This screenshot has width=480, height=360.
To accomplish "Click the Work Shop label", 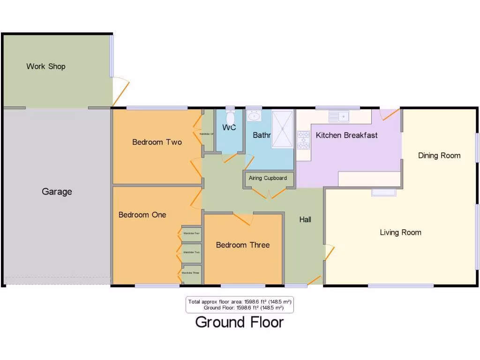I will tap(45, 67).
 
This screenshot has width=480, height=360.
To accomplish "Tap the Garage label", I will tap(57, 192).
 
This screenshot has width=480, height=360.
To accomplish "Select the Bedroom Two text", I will tap(157, 142).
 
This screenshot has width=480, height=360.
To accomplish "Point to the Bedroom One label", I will tap(142, 215).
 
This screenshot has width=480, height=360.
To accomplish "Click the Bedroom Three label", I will tap(242, 245).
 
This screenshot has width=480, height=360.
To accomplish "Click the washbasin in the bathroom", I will tap(254, 116).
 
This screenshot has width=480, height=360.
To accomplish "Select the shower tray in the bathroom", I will tap(283, 129).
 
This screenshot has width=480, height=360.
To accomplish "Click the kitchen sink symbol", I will tap(338, 116).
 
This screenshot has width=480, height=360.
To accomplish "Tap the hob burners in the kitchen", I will tap(303, 140).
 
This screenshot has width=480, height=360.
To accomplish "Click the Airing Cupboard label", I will tap(268, 178).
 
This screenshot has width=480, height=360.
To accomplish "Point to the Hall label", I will tap(305, 219).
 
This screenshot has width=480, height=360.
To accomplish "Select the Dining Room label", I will tap(439, 156).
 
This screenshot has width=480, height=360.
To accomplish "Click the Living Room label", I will tap(400, 232).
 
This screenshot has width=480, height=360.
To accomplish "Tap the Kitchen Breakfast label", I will tap(346, 135).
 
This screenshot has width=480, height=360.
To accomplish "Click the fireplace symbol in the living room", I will tap(384, 192).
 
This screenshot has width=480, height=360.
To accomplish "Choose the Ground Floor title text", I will tap(239, 322).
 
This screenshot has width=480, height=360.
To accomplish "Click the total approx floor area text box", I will tap(240, 305).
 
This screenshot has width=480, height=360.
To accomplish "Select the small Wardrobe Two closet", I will tap(191, 252).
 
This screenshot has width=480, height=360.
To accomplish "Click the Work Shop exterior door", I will tap(121, 91).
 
